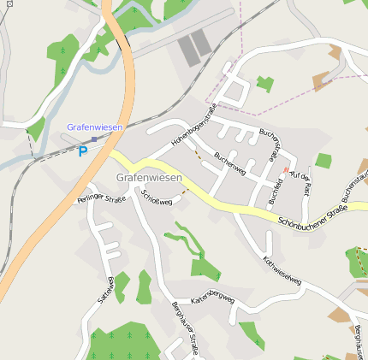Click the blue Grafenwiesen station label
point(95,127)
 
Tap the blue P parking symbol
point(83,152)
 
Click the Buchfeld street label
point(276,191)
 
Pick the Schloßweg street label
point(157,198)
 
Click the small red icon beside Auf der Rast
point(285,170)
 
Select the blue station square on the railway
point(93,139)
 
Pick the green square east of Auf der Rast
point(323,160)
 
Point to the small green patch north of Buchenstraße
point(264,84)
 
